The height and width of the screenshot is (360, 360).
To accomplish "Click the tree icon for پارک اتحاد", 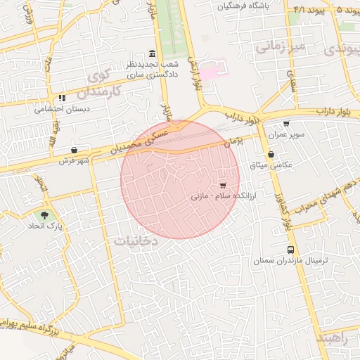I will point(45,215).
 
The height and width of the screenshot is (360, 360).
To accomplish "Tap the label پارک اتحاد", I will point(46,227).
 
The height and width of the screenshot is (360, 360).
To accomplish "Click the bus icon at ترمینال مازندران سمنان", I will point(290,250).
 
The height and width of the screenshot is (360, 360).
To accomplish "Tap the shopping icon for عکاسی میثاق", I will point(271,155).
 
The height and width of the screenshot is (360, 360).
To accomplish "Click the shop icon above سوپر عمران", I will point(286,124).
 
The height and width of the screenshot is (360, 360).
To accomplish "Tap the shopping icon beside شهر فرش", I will point(74,150).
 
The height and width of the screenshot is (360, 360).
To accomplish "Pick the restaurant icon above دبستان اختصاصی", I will point(62,98).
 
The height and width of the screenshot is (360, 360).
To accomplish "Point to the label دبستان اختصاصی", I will point(60,110).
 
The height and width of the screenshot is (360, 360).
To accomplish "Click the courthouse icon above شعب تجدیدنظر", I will point(153,53).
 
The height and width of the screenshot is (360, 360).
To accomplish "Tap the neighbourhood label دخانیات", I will point(136,240).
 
